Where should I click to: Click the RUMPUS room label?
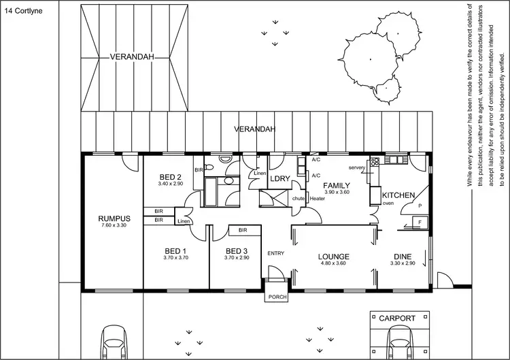tap(114, 218)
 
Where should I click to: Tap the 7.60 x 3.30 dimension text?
tap(114, 225)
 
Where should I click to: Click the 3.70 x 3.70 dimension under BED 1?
tap(175, 258)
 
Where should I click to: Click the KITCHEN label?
tap(398, 195)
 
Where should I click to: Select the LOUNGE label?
tap(333, 257)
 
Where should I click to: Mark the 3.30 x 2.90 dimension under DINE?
tap(402, 263)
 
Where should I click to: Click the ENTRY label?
tap(276, 253)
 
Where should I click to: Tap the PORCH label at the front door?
tap(277, 297)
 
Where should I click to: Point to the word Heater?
tap(317, 198)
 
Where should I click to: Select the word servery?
tap(358, 167)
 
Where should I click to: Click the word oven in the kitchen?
tap(388, 203)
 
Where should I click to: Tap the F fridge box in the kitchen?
tap(419, 222)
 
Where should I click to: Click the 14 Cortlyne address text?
tap(23, 10)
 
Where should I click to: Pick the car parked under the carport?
tap(400, 343)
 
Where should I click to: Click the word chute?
tap(298, 198)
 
